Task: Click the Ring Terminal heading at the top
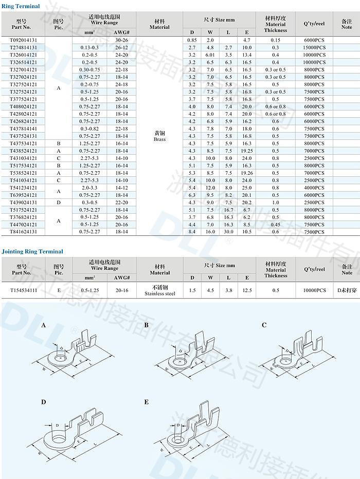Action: coord(21,6)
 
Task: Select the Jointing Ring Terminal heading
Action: coord(32,251)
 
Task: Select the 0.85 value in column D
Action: coord(192,40)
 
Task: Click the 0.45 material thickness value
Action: coord(276,225)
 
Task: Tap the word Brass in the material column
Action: coord(159,139)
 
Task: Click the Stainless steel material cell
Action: coord(160,293)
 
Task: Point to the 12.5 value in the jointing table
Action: coord(247,290)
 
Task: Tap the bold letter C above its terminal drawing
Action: coord(264,325)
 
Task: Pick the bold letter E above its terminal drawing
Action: coord(146,402)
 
